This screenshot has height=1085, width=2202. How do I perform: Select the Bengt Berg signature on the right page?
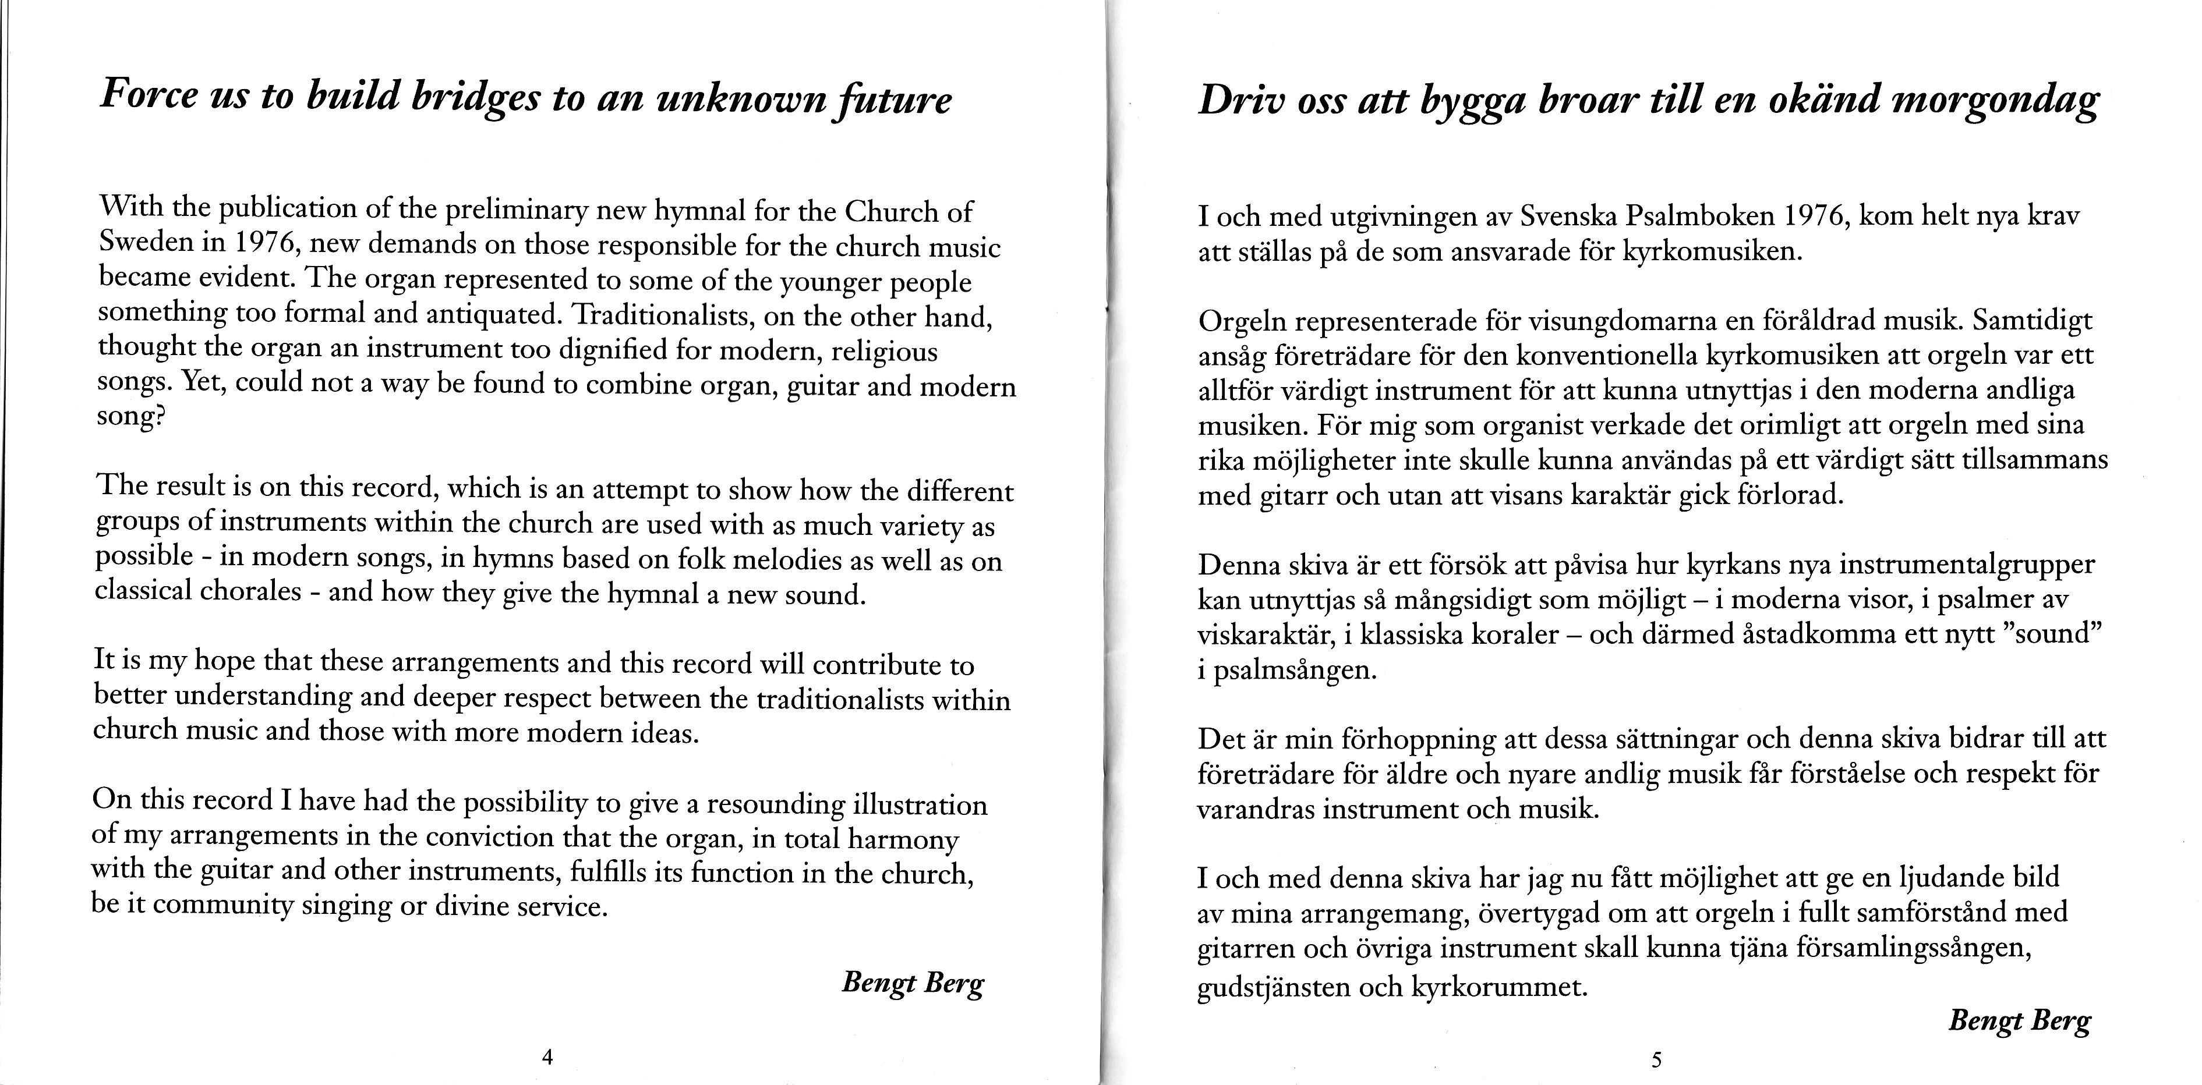2019,1021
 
